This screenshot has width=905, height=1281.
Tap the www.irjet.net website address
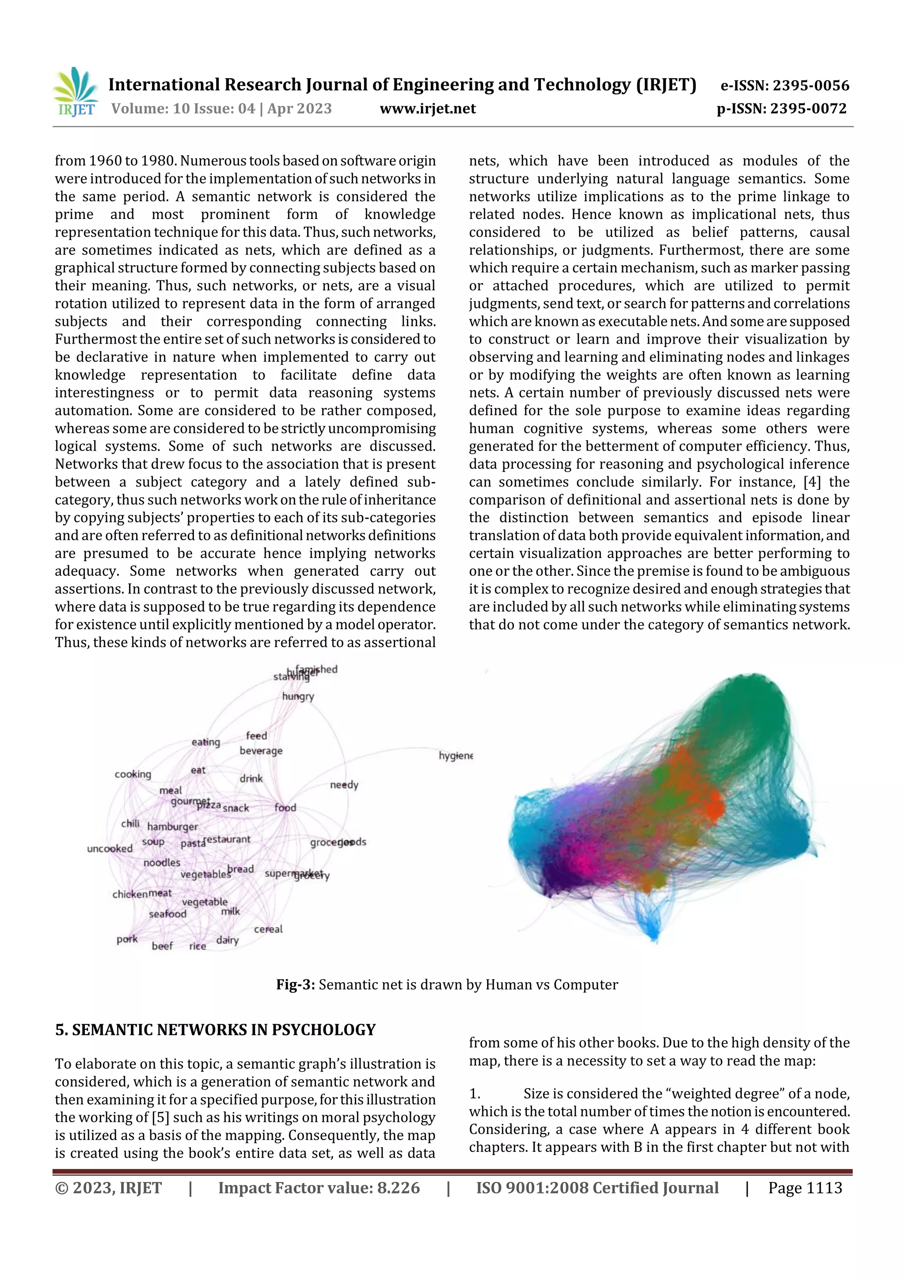[x=428, y=109]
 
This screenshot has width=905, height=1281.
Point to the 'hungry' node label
[x=298, y=696]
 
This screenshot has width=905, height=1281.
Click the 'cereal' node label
[x=268, y=929]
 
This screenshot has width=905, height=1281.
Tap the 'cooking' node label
[x=133, y=774]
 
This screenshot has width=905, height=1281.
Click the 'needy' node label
[x=344, y=784]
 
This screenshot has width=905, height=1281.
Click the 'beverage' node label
[x=261, y=750]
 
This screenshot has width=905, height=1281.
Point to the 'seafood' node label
[x=167, y=914]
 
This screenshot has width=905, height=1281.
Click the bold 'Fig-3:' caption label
[x=296, y=985]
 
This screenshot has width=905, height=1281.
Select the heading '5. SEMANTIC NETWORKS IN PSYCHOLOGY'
[x=215, y=1030]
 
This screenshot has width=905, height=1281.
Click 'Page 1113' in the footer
[x=805, y=1188]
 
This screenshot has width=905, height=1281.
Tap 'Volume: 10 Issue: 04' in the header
[x=183, y=109]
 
